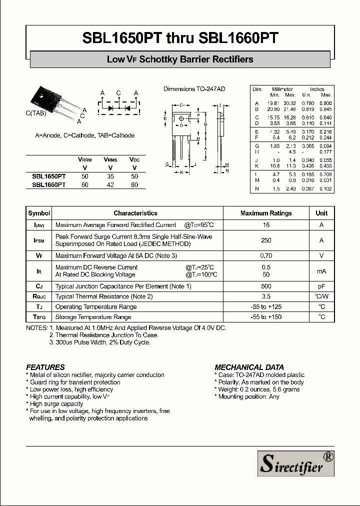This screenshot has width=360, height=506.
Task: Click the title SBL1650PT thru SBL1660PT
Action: pos(180,38)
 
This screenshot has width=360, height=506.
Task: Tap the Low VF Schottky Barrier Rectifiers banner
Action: pos(180,59)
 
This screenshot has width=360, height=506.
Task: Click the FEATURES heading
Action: pos(45,366)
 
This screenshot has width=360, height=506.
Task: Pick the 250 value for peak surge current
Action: pos(266,240)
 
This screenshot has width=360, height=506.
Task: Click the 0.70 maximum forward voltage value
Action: pos(266,255)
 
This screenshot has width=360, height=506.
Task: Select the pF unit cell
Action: pos(321,286)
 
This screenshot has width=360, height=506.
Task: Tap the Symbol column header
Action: pos(39,213)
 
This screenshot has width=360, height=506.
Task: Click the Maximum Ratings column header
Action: pos(266,213)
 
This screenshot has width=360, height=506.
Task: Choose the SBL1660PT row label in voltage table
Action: pos(48,184)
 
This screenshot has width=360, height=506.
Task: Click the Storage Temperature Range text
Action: pos(93,317)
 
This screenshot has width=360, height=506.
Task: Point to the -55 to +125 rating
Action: pos(266,306)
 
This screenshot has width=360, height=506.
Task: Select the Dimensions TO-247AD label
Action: pos(194,88)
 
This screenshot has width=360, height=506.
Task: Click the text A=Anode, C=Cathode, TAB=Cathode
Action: pos(84,135)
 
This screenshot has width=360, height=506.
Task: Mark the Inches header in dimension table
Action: pos(317,89)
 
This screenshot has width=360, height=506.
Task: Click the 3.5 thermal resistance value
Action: pos(266,296)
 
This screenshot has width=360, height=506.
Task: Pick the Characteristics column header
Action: pos(135,213)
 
